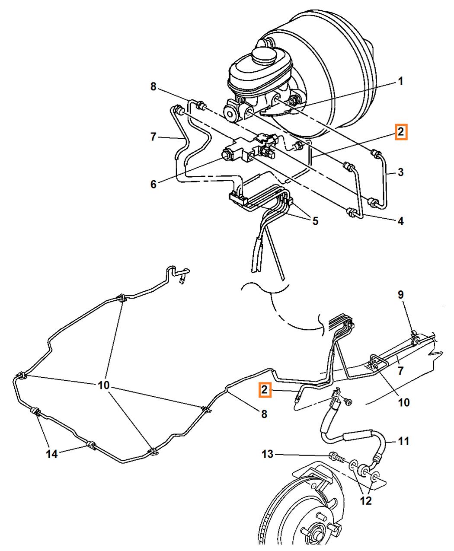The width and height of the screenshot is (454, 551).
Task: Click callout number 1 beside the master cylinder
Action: (400, 81)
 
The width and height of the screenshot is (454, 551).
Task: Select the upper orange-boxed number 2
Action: (401, 132)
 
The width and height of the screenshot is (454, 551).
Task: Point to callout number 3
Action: (401, 172)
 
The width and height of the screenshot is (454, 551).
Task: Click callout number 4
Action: (401, 221)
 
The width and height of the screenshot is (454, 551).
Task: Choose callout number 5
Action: (315, 221)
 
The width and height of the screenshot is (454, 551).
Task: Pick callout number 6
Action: (153, 184)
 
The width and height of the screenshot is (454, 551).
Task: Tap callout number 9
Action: (401, 295)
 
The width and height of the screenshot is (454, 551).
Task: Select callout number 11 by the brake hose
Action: (403, 441)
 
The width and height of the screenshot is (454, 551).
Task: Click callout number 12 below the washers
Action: (366, 500)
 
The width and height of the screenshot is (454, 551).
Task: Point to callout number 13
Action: (268, 454)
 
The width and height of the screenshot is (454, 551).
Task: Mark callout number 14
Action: (52, 453)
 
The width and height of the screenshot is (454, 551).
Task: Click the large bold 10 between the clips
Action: (104, 385)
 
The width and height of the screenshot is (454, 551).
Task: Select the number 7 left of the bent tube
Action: (153, 137)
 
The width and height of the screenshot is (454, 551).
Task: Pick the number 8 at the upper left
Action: (153, 87)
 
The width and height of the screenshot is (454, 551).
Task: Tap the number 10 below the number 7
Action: (403, 402)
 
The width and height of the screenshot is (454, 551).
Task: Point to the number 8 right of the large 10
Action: (264, 414)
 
